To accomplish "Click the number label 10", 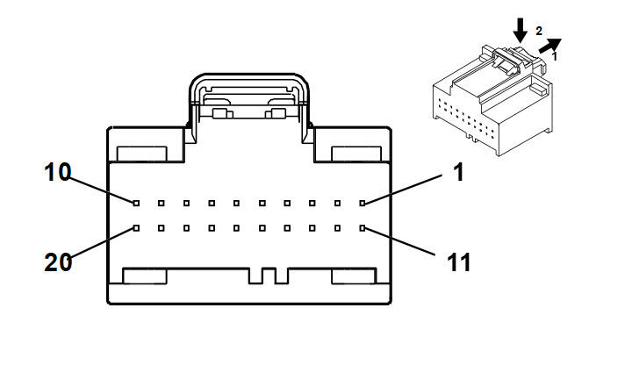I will [x=59, y=171].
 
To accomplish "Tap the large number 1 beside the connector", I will [x=457, y=172].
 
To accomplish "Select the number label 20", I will [x=59, y=262].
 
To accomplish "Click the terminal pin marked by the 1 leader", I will [x=363, y=204].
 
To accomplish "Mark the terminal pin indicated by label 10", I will [x=136, y=204].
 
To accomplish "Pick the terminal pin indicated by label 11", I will [x=363, y=228].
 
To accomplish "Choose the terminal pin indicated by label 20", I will [x=136, y=228].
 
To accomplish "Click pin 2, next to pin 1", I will [x=338, y=204].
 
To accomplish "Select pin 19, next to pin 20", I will [x=162, y=228].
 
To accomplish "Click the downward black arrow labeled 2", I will [x=521, y=30].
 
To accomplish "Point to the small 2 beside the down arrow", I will [x=539, y=31].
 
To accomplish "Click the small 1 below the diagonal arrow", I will [x=554, y=56].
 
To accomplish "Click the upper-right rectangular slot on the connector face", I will [x=355, y=154].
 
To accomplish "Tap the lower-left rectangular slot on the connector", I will [x=145, y=276].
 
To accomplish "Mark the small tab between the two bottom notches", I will [x=269, y=276].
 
